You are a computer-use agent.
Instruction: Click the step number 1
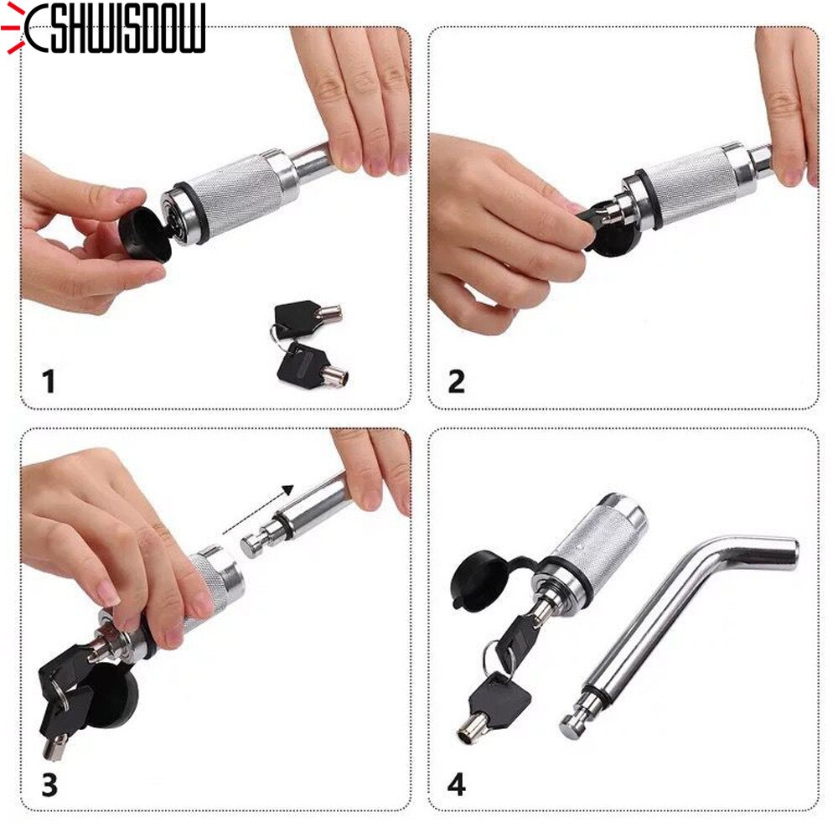[x=49, y=381]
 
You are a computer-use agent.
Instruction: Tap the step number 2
[x=456, y=381]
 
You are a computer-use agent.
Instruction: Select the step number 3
[x=49, y=785]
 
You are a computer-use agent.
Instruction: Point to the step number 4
[x=457, y=785]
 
